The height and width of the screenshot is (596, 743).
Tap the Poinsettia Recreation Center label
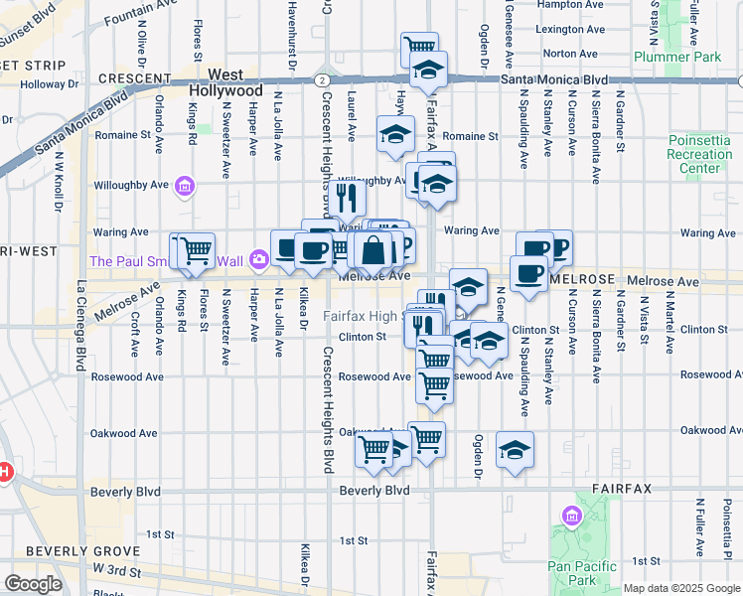700,154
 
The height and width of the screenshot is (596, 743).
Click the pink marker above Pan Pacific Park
570,517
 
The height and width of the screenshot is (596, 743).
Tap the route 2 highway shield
323,78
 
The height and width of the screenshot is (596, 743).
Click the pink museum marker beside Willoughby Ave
184,185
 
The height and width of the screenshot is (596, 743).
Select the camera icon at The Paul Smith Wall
259,260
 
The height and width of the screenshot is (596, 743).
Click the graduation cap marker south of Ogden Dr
515,449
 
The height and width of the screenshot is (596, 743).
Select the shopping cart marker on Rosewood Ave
434,383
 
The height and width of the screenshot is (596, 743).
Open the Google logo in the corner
33,584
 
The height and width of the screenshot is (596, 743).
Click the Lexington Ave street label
569,30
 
